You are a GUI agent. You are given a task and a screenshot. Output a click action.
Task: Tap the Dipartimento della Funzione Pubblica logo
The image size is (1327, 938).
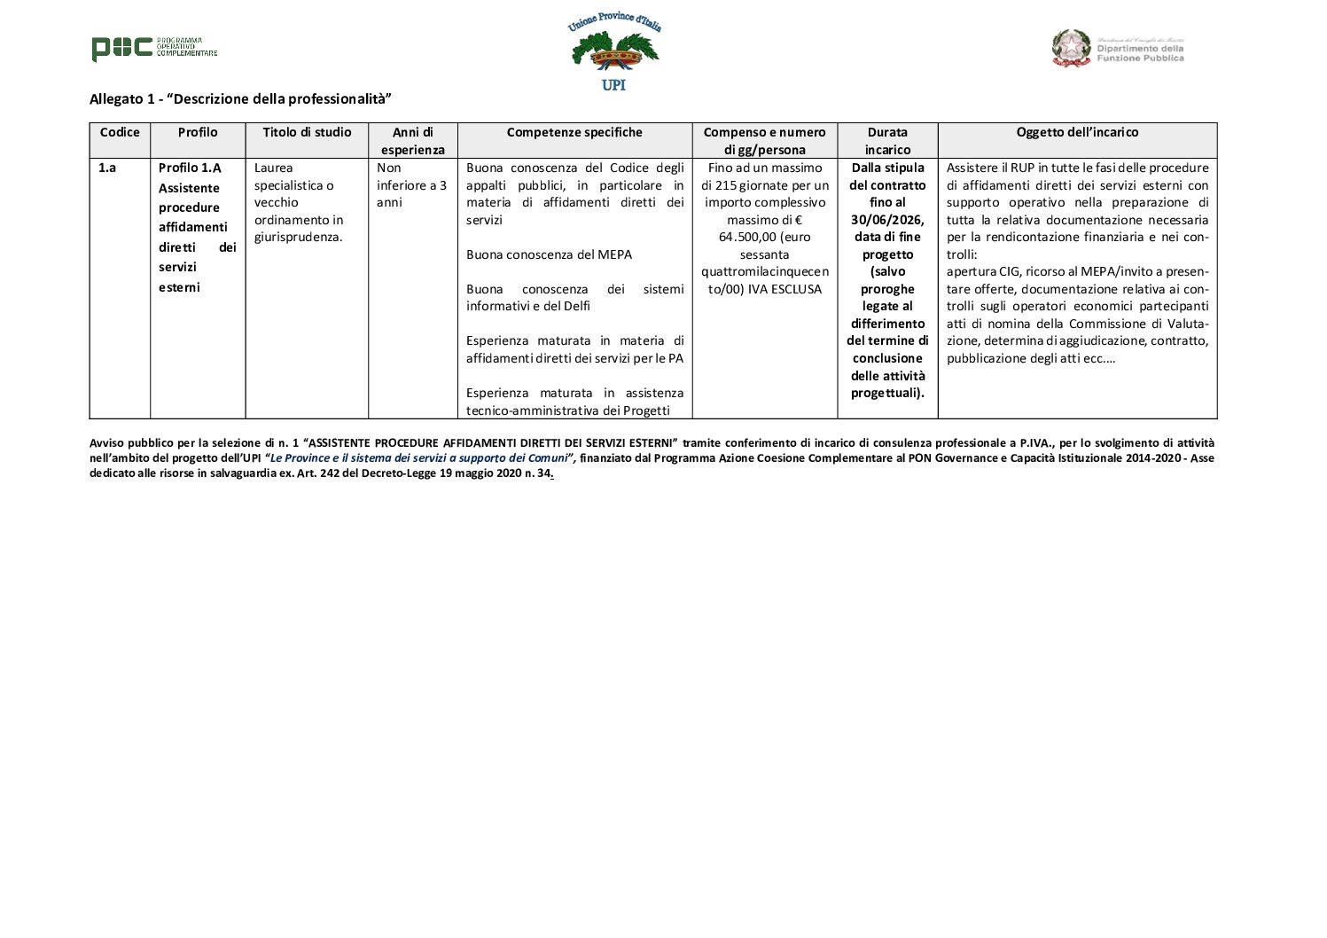pos(1118,49)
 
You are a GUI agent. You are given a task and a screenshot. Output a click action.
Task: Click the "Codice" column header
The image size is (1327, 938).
pos(120,132)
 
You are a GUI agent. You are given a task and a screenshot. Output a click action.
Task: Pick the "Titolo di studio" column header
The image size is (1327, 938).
pos(307,132)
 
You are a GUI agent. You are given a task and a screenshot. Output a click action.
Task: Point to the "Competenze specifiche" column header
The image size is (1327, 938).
pos(574,132)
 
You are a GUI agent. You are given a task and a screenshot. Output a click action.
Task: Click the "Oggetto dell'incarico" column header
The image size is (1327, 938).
pos(1077,132)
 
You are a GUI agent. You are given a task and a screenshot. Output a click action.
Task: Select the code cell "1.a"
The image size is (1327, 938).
pos(106,168)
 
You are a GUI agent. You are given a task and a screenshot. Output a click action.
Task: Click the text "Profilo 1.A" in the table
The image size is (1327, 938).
pos(190,168)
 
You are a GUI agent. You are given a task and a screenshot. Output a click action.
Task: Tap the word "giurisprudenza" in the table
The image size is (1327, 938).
pos(298,237)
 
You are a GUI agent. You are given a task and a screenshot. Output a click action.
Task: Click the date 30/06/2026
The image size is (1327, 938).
pos(887,220)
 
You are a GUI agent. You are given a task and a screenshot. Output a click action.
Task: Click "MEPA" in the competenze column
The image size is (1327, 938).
pos(613,254)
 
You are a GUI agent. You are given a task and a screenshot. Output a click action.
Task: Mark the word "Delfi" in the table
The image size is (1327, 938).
pos(574,306)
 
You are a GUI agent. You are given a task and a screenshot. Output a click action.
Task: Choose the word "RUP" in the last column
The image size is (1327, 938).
pos(1022,168)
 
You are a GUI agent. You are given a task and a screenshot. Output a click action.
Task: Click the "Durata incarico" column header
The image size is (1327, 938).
pos(887,141)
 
